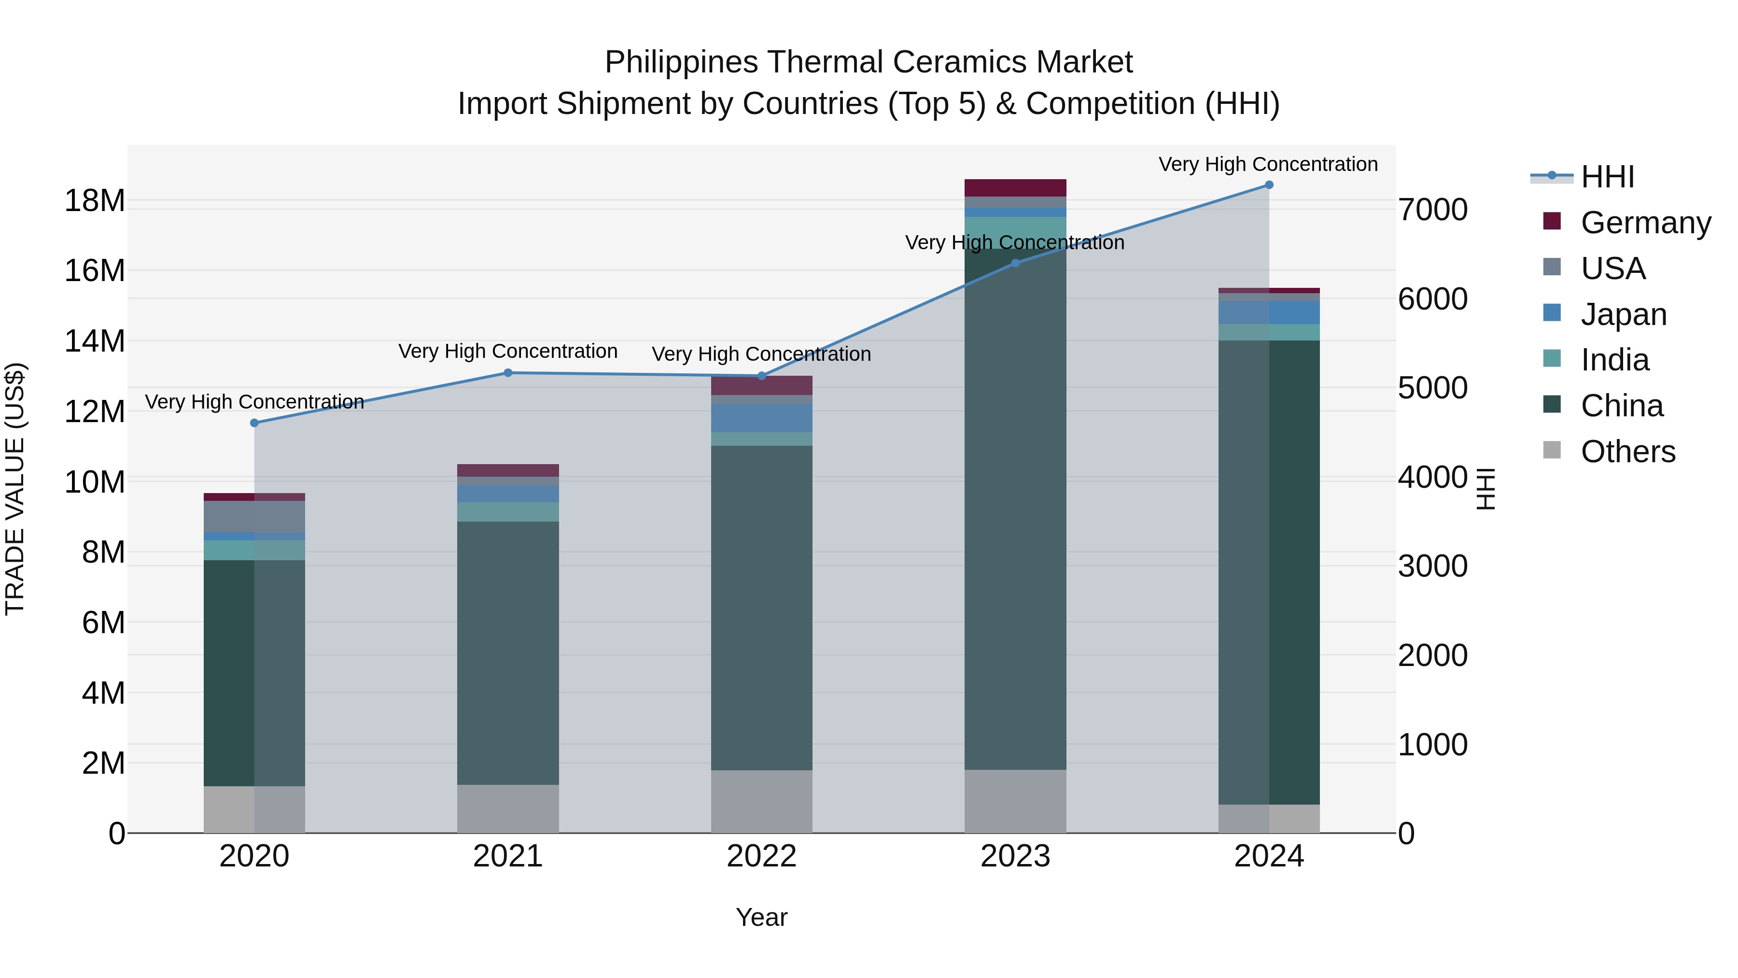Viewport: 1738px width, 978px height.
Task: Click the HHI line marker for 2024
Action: [1268, 185]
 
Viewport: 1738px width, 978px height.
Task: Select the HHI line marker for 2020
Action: [254, 423]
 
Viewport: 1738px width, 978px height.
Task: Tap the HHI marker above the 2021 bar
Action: [508, 372]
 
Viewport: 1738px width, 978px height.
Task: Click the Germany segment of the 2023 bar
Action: [1015, 188]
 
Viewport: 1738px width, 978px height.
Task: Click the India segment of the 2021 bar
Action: [508, 511]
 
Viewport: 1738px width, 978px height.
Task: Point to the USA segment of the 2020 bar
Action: [254, 516]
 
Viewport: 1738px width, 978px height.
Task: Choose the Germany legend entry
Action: [1645, 223]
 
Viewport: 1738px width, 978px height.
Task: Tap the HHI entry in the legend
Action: [1607, 177]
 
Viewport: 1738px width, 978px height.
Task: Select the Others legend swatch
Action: [1552, 450]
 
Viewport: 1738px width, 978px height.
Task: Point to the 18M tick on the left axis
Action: [95, 200]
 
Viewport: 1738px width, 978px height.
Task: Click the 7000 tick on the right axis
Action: [1432, 210]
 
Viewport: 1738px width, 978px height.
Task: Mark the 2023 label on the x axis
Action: [1015, 856]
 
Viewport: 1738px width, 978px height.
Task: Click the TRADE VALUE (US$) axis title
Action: [15, 489]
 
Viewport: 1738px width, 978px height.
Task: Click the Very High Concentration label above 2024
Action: [1268, 164]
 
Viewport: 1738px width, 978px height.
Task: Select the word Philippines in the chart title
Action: [681, 62]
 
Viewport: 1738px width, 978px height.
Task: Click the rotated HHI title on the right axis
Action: [1486, 489]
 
